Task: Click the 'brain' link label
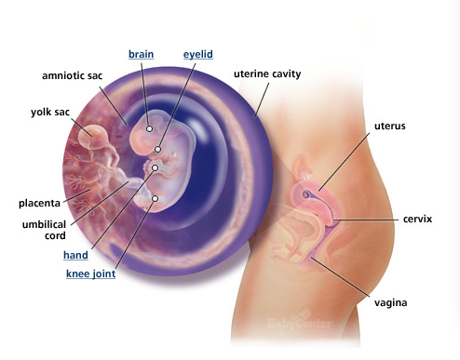[141, 54]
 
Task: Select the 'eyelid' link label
[198, 54]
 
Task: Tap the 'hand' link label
[75, 255]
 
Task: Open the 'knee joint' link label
[90, 273]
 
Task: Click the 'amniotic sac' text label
[73, 75]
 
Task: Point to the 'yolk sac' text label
[50, 112]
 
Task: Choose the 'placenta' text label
[39, 204]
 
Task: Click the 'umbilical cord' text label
[44, 230]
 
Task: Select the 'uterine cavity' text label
[267, 74]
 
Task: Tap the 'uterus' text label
[390, 127]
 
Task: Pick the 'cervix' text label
[417, 220]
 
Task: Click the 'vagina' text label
[390, 302]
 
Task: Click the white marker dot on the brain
[149, 128]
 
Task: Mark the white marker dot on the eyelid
[157, 150]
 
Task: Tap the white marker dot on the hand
[155, 168]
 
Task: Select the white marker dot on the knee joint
[155, 198]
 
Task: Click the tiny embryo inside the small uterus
[306, 194]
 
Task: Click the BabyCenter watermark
[299, 324]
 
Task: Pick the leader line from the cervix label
[367, 220]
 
